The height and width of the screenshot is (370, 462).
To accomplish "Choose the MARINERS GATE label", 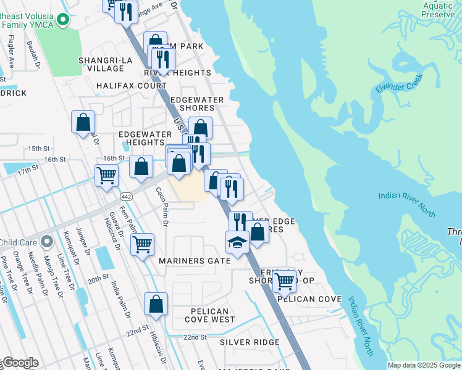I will click(x=195, y=261).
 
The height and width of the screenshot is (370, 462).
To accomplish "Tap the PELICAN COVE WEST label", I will click(x=209, y=316).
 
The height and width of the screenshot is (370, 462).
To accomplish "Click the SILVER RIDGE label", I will click(x=245, y=342).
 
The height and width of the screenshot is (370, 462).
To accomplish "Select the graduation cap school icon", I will click(x=237, y=242).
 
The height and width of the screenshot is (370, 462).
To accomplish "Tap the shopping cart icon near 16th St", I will click(x=106, y=175).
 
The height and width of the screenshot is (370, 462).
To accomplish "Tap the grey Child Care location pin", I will click(x=46, y=241).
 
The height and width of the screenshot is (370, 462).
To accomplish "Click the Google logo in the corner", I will click(x=20, y=363).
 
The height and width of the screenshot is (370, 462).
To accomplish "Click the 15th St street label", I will click(x=38, y=149).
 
